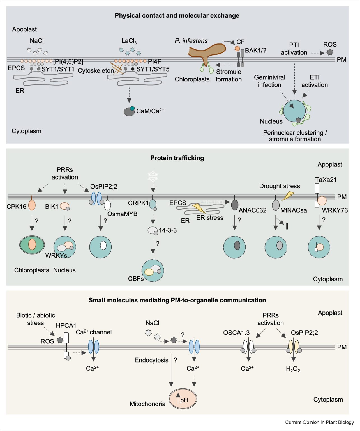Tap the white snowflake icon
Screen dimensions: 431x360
point(153,176)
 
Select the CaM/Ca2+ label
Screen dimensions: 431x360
point(150,111)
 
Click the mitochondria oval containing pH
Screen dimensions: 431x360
point(183,399)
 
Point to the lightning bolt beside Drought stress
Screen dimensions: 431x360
point(288,196)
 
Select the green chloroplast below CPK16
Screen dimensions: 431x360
point(32,244)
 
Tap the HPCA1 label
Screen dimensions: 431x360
point(66,325)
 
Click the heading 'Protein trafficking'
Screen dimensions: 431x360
point(177,158)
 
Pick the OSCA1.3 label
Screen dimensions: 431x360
point(236,333)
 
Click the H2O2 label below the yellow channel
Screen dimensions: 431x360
point(293,369)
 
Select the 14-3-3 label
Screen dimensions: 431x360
point(168,230)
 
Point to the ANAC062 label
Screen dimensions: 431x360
point(252,210)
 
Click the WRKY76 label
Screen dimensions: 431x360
point(335,210)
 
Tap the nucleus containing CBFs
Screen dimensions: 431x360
point(153,270)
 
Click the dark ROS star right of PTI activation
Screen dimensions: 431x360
point(330,52)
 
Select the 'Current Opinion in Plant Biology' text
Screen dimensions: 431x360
point(319,422)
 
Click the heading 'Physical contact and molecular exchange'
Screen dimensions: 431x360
point(177,16)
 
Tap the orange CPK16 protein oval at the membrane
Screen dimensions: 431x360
point(32,205)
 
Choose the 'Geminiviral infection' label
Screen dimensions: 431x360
point(269,81)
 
